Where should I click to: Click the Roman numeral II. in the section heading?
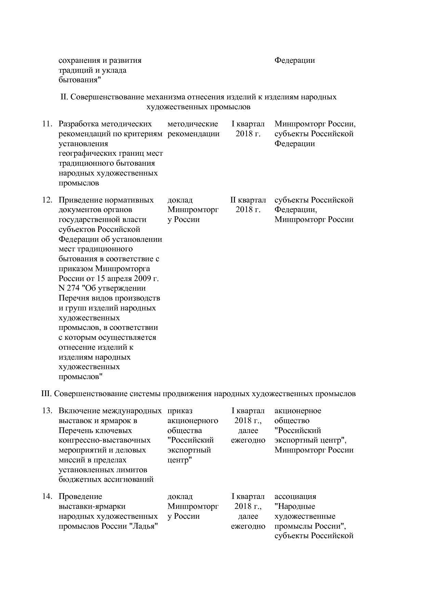click(x=65, y=97)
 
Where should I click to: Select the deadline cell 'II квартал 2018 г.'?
click(x=248, y=205)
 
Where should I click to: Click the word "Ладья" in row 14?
click(x=143, y=526)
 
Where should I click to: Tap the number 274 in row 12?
click(x=73, y=289)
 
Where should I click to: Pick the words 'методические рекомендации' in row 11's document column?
click(x=193, y=129)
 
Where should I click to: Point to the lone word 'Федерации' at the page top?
click(x=294, y=61)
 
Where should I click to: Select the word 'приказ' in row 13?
click(x=180, y=411)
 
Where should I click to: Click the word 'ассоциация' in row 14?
click(x=295, y=497)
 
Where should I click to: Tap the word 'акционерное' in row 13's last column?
click(x=297, y=411)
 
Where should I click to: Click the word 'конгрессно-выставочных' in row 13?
click(x=104, y=441)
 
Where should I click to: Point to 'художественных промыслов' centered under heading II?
click(x=198, y=107)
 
